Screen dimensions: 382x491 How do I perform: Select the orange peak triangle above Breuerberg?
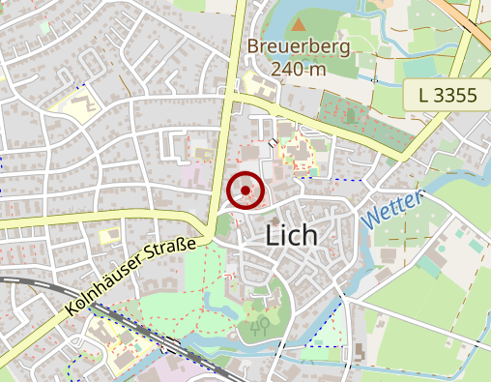(x=300, y=23)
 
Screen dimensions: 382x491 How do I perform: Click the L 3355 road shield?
(x=449, y=95)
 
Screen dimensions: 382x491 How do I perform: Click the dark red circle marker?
(x=245, y=191)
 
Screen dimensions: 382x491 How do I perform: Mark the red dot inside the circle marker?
(x=245, y=191)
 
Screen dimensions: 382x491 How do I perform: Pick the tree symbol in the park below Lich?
(x=260, y=326)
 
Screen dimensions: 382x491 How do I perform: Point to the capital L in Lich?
(x=272, y=235)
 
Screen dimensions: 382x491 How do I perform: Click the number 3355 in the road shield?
(x=458, y=95)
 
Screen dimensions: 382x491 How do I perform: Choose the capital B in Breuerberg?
(x=252, y=46)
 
